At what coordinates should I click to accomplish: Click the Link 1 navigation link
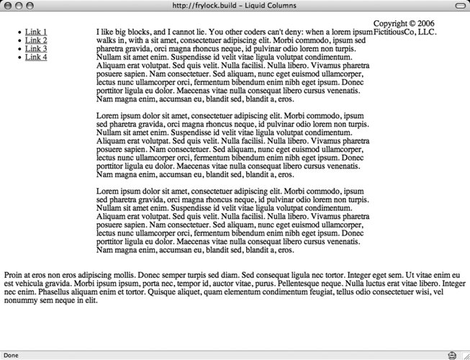(x=36, y=32)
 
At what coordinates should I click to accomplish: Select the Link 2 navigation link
(x=36, y=41)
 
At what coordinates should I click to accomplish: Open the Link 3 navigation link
(x=36, y=49)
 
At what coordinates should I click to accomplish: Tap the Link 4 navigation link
(x=36, y=57)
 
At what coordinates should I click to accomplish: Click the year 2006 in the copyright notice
(x=444, y=24)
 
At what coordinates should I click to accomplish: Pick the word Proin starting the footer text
(x=14, y=275)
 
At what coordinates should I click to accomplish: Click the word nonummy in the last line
(x=22, y=301)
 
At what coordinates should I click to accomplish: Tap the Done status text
(x=12, y=355)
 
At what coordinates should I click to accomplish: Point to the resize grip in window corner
(x=464, y=355)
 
